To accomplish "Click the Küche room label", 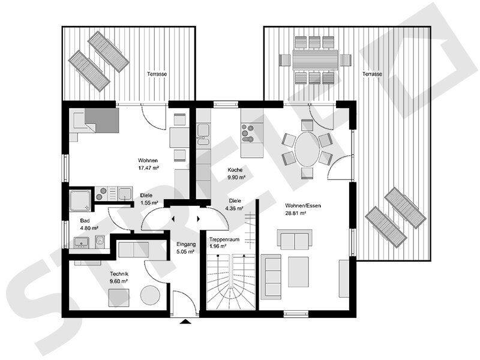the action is [235, 170].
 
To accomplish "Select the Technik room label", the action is [119, 274].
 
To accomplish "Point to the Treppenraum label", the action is [224, 239].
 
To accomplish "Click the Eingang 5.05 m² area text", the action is [186, 248].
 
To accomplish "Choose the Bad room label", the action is [85, 220].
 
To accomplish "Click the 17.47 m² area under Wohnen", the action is [148, 168].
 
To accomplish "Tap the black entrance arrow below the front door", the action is [185, 321].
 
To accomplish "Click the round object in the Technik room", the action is [150, 295].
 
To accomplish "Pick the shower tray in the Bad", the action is [80, 200].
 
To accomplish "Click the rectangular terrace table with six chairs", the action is [316, 60].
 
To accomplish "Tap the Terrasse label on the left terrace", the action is [157, 74].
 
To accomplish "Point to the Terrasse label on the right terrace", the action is [372, 74].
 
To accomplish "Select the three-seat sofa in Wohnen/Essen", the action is [271, 277].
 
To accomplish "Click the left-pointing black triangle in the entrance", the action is [173, 219].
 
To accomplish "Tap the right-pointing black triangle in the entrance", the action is [199, 219].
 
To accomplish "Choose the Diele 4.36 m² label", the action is [235, 205].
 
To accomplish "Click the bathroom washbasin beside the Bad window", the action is [81, 242].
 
